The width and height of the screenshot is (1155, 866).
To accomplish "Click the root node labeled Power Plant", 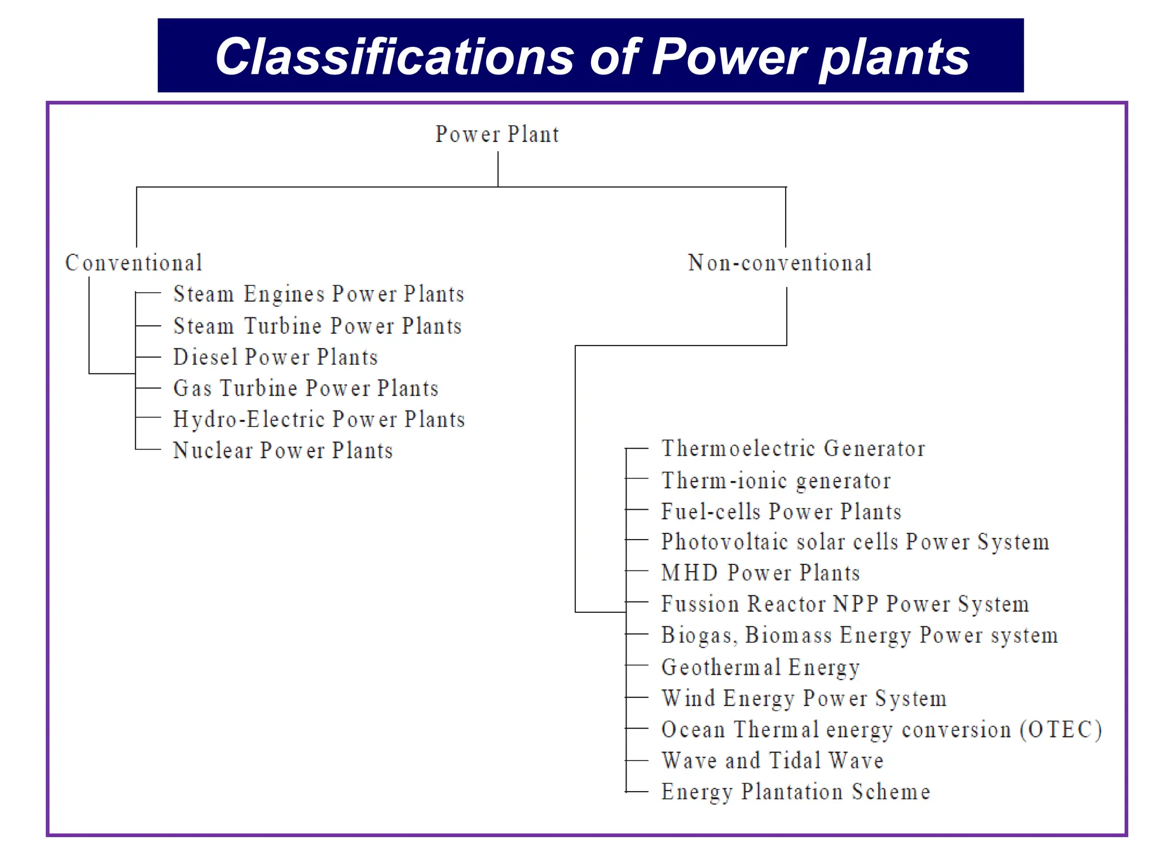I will pos(497,134).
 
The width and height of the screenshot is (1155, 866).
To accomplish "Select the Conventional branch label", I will pos(134,263).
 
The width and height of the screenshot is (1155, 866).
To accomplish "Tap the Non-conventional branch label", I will pos(780,263).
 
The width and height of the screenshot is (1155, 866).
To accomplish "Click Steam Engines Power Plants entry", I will pos(319,294).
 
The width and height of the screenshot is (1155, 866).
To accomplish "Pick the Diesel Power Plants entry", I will pos(275,357).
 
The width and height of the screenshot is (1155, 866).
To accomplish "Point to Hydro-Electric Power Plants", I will pos(319,419).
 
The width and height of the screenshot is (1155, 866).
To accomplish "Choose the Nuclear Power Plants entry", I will pos(283,450).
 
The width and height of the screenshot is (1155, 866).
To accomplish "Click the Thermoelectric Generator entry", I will pos(793,449).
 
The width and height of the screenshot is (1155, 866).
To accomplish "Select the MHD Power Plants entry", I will pos(760,573).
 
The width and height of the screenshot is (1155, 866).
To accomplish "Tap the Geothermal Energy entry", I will pos(760,668).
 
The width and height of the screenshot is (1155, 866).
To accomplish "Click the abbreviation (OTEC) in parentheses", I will pos(1060,730).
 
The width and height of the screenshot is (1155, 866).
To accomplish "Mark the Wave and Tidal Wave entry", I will pos(772,761).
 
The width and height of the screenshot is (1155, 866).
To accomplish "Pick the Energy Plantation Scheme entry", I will pos(795,792).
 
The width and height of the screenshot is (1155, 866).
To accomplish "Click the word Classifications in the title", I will pos(394,56).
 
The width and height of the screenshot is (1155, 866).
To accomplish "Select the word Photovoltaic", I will pos(724,542).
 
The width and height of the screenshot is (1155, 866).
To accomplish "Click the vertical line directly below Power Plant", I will pos(498,169).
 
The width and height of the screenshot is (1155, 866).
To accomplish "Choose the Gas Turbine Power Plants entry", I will pos(306,388).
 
